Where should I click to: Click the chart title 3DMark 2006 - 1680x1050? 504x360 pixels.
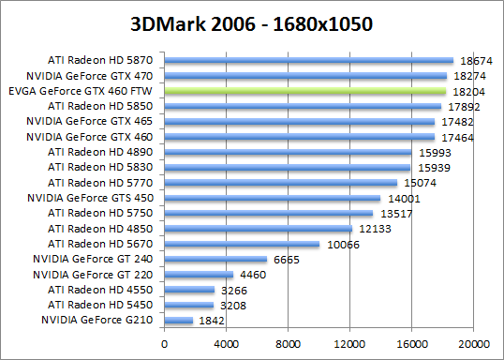(252, 21)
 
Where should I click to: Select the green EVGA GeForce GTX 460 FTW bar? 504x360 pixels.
(305, 92)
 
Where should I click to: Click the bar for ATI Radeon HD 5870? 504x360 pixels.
(309, 61)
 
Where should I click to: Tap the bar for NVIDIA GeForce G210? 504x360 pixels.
(179, 321)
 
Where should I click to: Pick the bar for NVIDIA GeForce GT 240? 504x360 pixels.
(215, 259)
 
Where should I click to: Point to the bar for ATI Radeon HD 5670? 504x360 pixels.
(242, 244)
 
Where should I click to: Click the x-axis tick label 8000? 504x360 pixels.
(289, 343)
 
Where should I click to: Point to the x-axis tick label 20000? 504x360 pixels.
(473, 343)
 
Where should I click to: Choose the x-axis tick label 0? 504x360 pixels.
(165, 343)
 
